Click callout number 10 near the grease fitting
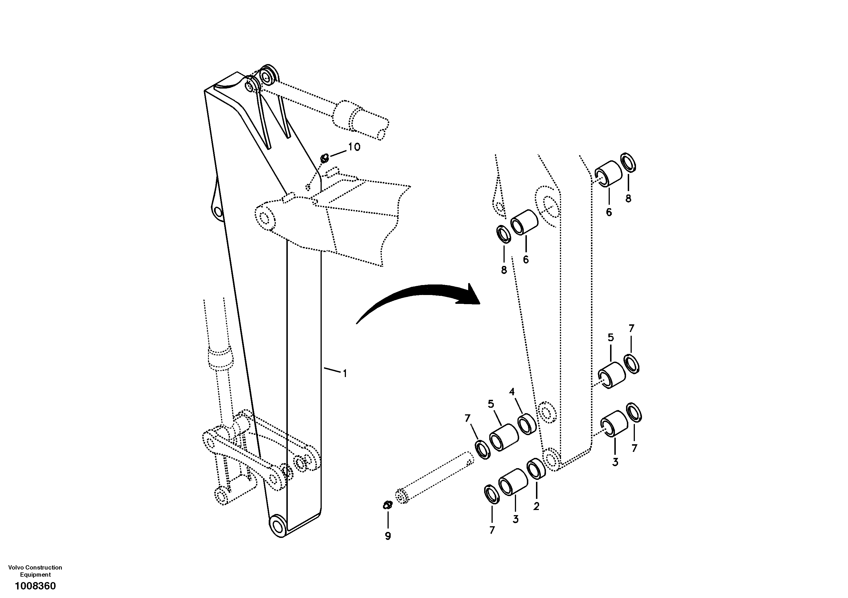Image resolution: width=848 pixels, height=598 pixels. point(354,147)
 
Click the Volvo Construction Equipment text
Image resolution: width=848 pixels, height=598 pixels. point(35,571)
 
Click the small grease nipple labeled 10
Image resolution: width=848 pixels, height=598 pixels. point(324,159)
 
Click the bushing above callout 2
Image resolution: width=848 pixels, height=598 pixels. point(537,469)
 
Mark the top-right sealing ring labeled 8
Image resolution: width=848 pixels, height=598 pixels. point(628,162)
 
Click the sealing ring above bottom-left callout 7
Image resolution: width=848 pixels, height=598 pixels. point(492,495)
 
